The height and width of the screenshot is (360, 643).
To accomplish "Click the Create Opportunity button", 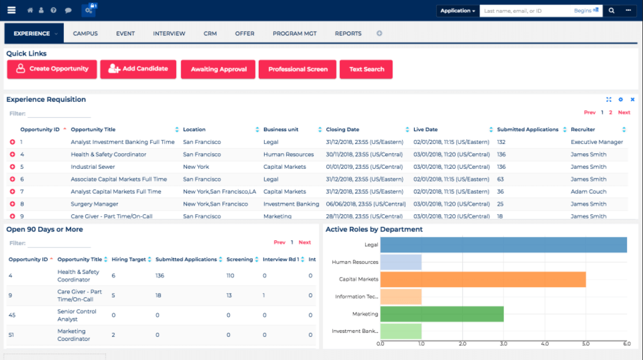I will pyautogui.click(x=52, y=69).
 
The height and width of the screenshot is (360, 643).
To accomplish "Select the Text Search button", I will pyautogui.click(x=366, y=70).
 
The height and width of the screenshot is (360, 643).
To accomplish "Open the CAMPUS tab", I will pyautogui.click(x=85, y=33).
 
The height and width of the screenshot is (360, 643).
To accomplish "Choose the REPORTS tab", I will pyautogui.click(x=348, y=33).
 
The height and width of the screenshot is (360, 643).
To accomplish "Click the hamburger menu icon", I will pyautogui.click(x=11, y=10).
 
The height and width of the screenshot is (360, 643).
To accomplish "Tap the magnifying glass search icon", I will pyautogui.click(x=611, y=10).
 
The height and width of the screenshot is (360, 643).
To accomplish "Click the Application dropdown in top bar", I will pyautogui.click(x=458, y=11).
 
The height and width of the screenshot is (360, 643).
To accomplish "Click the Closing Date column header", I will pyautogui.click(x=342, y=130).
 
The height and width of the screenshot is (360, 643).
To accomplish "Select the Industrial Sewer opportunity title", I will pyautogui.click(x=93, y=167).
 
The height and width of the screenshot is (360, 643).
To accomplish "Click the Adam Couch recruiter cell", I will pyautogui.click(x=588, y=191).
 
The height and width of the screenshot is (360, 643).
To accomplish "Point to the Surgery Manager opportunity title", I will pyautogui.click(x=94, y=204).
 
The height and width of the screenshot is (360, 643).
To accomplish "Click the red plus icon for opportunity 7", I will pyautogui.click(x=12, y=192).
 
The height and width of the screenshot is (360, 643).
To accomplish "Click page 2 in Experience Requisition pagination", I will pyautogui.click(x=610, y=112).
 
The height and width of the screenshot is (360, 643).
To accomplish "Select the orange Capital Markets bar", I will pyautogui.click(x=482, y=279).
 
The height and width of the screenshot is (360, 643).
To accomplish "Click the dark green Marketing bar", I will pyautogui.click(x=442, y=314).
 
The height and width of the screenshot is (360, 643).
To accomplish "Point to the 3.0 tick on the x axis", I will pyautogui.click(x=504, y=343).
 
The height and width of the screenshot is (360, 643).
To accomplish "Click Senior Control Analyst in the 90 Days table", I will pyautogui.click(x=77, y=315).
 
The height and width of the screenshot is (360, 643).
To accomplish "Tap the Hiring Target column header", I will pyautogui.click(x=129, y=259).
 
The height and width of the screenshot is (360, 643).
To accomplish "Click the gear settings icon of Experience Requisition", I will pyautogui.click(x=620, y=100).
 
